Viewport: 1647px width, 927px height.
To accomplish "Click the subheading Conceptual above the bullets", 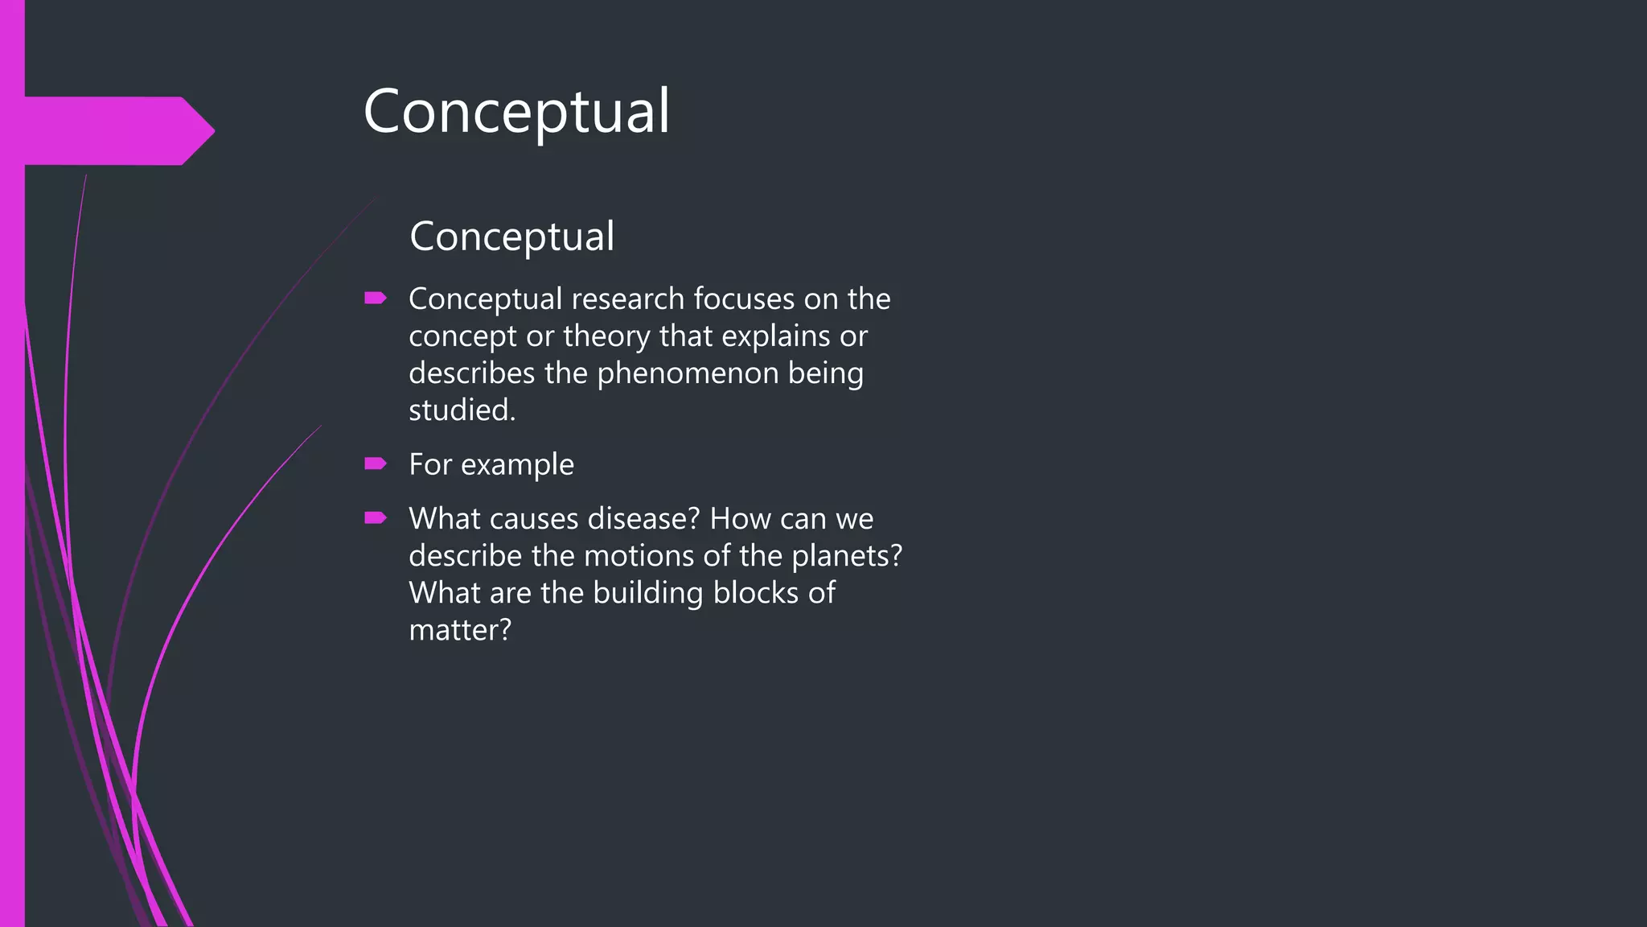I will pyautogui.click(x=511, y=237).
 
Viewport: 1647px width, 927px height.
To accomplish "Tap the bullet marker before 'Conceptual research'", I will pyautogui.click(x=375, y=299).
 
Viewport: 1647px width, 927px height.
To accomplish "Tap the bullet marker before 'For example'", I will pyautogui.click(x=375, y=463).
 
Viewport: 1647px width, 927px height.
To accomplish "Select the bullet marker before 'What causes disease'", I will pyautogui.click(x=375, y=518).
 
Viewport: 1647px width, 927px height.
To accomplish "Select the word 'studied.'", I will pyautogui.click(x=462, y=410).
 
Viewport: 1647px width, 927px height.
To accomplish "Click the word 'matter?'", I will pyautogui.click(x=459, y=630).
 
